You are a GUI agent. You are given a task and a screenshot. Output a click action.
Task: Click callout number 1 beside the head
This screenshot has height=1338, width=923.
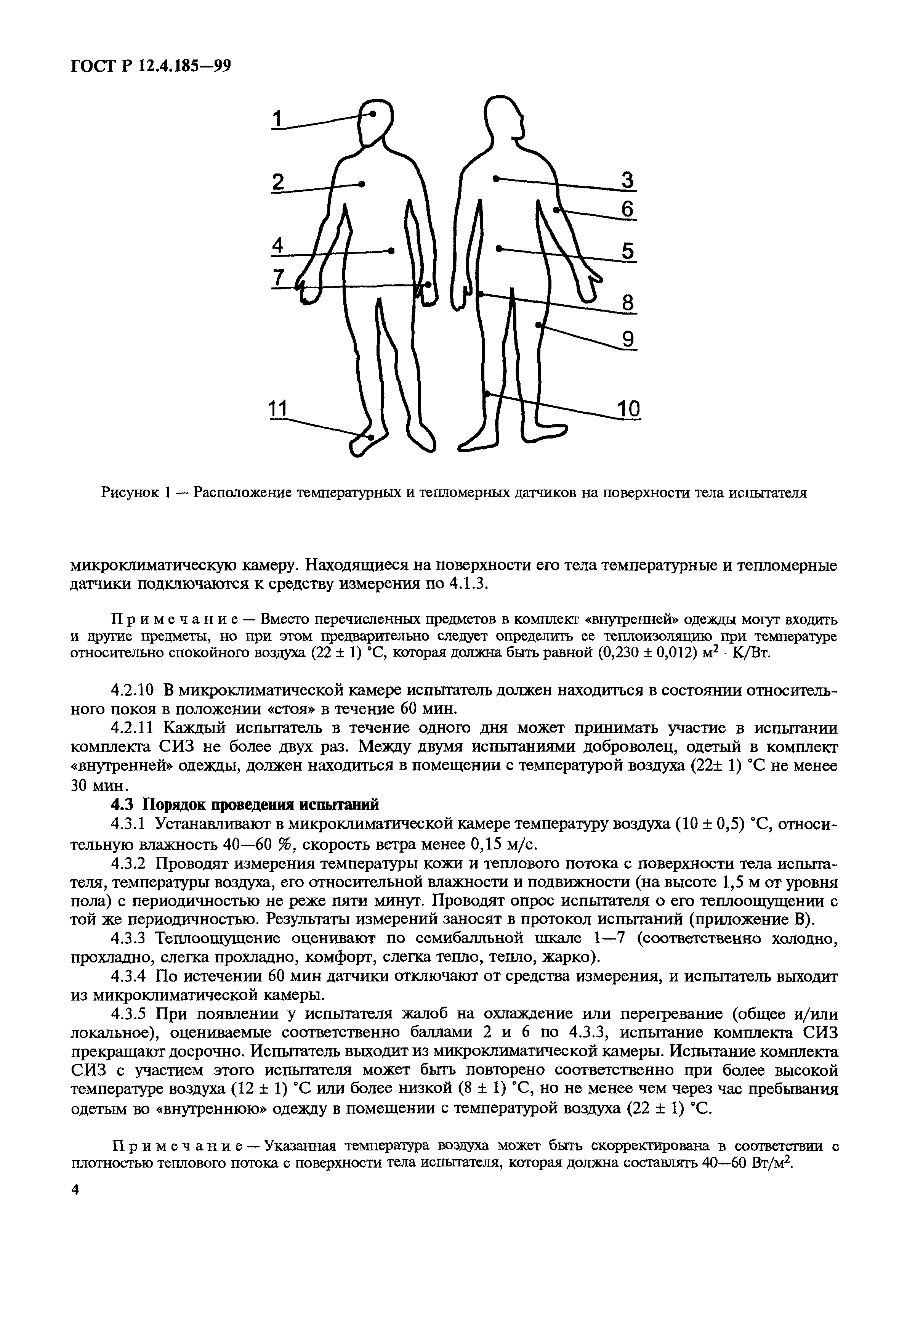(x=277, y=120)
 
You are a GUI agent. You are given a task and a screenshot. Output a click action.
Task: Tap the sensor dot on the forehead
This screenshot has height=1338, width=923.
(x=373, y=114)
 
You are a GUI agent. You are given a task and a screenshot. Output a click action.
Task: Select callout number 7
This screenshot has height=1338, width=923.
(x=278, y=278)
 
